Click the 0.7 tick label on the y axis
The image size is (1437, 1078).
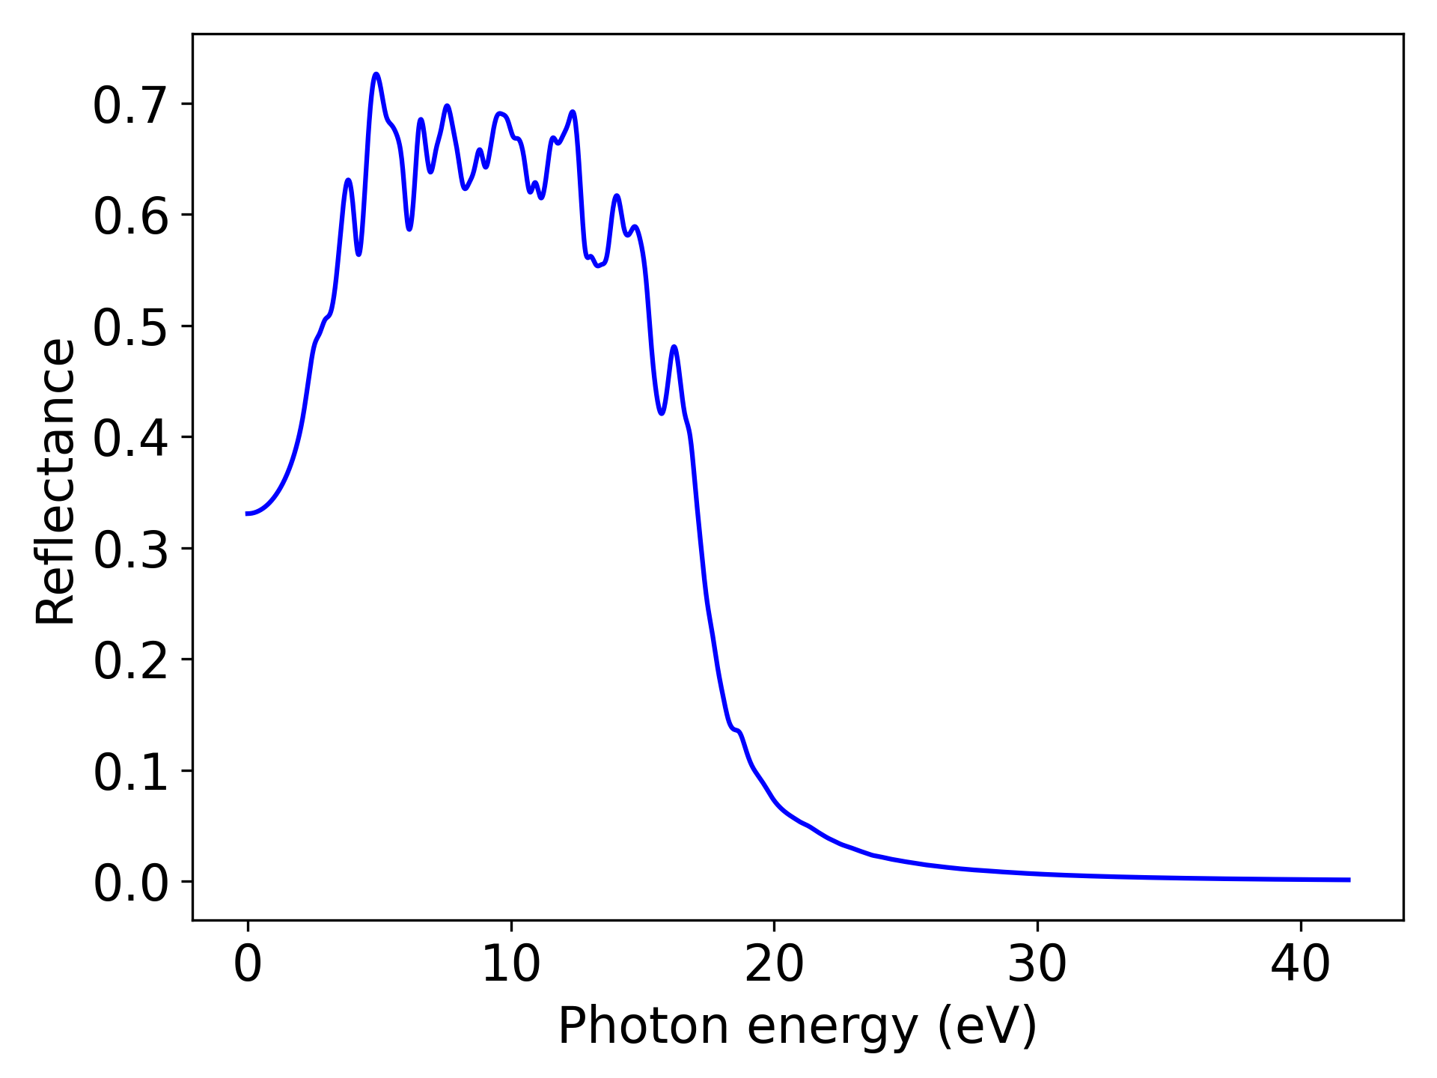pyautogui.click(x=130, y=106)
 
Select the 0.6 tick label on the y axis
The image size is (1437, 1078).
pyautogui.click(x=130, y=217)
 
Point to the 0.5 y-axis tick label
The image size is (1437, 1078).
pyautogui.click(x=130, y=328)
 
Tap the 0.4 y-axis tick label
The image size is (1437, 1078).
pyautogui.click(x=130, y=439)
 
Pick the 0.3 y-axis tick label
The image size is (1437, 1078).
pyautogui.click(x=130, y=550)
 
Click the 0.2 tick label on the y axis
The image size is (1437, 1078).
pyautogui.click(x=130, y=661)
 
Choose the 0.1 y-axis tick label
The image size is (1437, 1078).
pyautogui.click(x=130, y=773)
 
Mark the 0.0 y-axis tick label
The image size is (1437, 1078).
pyautogui.click(x=130, y=883)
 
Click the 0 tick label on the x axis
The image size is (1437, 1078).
pyautogui.click(x=248, y=964)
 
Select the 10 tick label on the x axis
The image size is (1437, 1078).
pyautogui.click(x=511, y=964)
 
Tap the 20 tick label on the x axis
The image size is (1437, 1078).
pyautogui.click(x=774, y=964)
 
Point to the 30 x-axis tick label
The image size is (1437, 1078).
pyautogui.click(x=1037, y=964)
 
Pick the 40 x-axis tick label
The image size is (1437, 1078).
pyautogui.click(x=1301, y=964)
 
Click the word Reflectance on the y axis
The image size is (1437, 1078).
pyautogui.click(x=55, y=481)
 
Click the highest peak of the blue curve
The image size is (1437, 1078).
pyautogui.click(x=376, y=74)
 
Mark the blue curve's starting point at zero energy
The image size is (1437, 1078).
pyautogui.click(x=248, y=514)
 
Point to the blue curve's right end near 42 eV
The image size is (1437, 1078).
pyautogui.click(x=1349, y=880)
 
